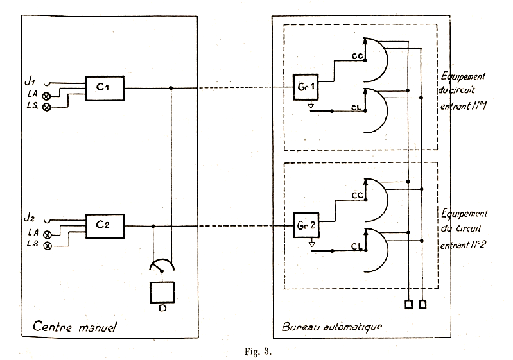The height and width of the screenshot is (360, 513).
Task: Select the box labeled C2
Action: pos(105,226)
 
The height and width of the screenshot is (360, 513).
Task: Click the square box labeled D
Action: pos(162,293)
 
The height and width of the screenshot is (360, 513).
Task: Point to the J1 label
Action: pos(29,80)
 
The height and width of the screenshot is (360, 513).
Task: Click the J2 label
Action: pos(29,217)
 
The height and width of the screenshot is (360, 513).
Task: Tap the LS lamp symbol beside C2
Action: pos(46,246)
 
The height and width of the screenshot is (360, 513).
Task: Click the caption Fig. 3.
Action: pos(259,350)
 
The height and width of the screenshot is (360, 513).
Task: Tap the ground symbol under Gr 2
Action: pos(310,242)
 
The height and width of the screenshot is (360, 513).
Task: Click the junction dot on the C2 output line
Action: pos(153,226)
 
